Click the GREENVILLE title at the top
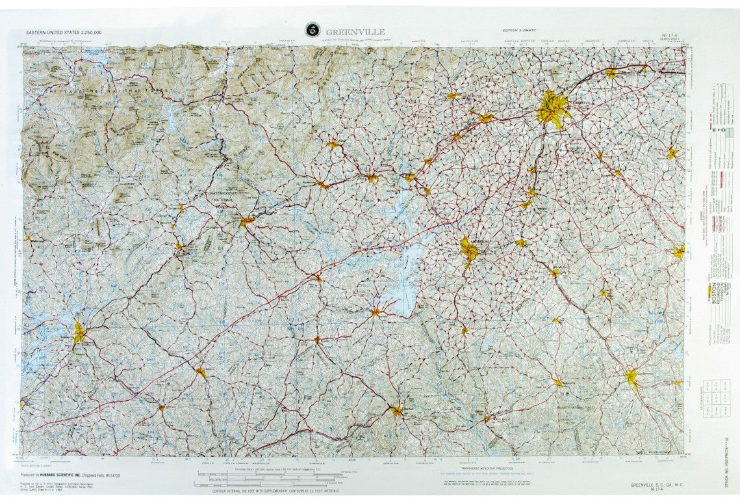[355, 32]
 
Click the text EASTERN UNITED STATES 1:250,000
[64, 32]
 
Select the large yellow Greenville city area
[552, 110]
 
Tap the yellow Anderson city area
[469, 250]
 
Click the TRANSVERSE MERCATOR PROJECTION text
[488, 468]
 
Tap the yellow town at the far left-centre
[79, 333]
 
